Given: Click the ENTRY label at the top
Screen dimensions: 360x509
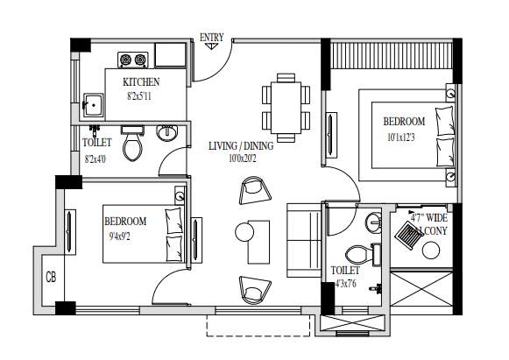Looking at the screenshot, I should (x=212, y=37).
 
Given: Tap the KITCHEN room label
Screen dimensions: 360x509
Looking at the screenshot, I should (x=140, y=82).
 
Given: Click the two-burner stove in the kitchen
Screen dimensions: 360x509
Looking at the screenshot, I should (x=133, y=60).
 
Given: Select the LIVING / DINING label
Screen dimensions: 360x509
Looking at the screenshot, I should (x=241, y=146).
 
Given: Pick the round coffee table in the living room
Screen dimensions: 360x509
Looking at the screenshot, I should (x=245, y=231).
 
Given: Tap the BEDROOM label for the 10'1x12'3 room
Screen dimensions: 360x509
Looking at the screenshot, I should (x=403, y=121).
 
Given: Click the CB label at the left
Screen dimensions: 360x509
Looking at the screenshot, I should (x=50, y=278).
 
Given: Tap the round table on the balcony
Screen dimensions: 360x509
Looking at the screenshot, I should (x=431, y=250).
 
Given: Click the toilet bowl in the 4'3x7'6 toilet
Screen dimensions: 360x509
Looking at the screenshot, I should (x=377, y=254).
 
